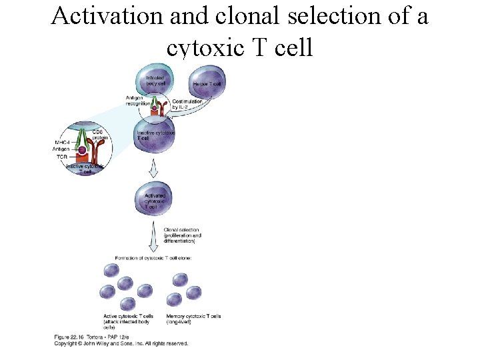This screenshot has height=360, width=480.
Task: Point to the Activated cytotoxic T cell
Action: (155, 199)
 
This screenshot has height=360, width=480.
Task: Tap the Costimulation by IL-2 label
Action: (187, 105)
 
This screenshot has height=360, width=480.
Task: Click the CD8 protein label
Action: (99, 134)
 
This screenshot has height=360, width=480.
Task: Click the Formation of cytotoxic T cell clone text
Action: (153, 257)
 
